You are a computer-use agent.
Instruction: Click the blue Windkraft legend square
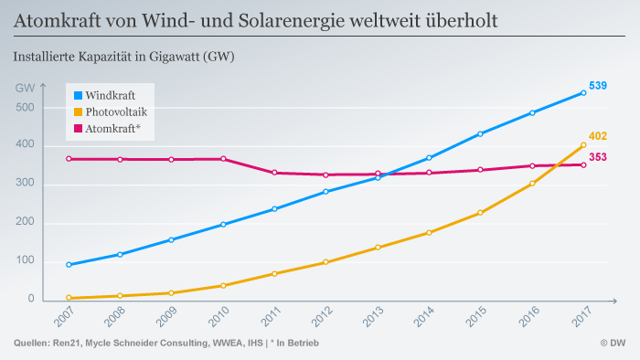[x=78, y=95]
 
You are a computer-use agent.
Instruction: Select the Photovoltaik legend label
[x=116, y=111]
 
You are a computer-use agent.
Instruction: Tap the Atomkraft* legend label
[x=112, y=129]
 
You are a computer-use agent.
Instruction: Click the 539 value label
[x=598, y=86]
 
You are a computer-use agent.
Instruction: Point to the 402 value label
[x=598, y=136]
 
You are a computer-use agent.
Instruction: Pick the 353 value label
[x=598, y=157]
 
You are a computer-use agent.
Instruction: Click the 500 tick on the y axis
[x=25, y=108]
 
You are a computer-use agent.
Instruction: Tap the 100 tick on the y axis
[x=25, y=260]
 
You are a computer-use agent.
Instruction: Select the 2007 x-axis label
[x=64, y=316]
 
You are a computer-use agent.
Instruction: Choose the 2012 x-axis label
[x=322, y=316]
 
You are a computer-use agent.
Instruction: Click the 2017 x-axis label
[x=581, y=316]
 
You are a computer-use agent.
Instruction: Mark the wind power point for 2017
[x=583, y=93]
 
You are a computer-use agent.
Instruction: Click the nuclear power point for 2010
[x=223, y=159]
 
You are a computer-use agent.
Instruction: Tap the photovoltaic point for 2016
[x=532, y=184]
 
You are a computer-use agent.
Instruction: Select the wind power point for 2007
[x=69, y=265]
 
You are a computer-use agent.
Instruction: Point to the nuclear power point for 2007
[x=69, y=159]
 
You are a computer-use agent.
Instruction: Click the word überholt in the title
[x=462, y=20]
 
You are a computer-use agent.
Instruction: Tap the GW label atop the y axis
[x=25, y=88]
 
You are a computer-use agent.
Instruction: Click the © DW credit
[x=613, y=344]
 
